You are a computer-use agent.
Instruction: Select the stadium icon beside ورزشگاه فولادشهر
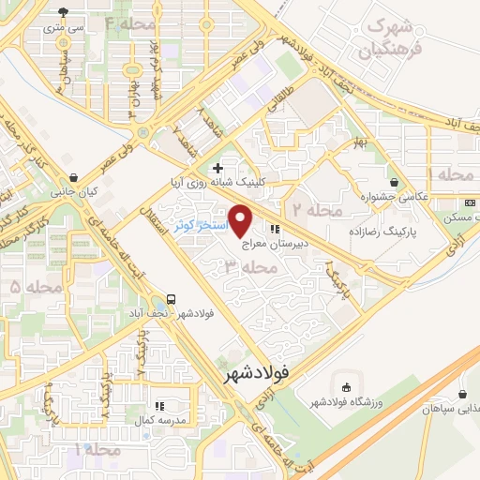point(347,387)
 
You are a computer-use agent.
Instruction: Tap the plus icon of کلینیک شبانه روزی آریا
point(217,167)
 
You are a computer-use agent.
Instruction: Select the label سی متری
point(65,29)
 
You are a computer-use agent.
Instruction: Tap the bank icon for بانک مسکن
point(467,201)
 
